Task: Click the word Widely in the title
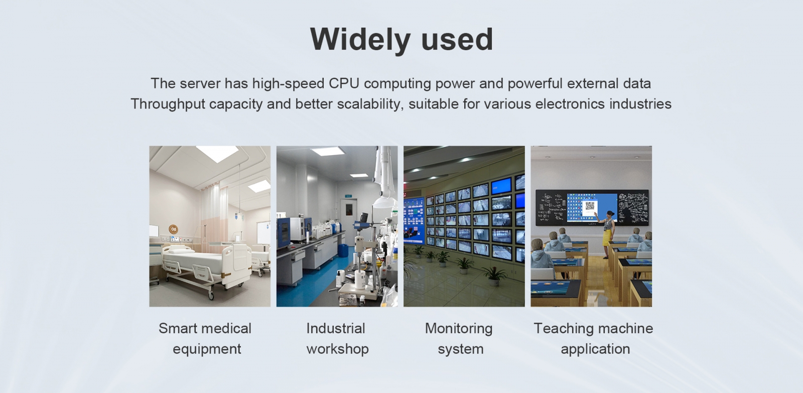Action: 360,40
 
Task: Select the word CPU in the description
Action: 344,83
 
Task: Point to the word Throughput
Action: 168,104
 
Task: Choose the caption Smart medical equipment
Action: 205,338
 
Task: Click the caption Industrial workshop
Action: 337,338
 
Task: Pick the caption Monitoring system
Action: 459,338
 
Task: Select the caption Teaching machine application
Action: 594,338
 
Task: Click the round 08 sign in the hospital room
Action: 174,229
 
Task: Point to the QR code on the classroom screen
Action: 590,206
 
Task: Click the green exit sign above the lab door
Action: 348,195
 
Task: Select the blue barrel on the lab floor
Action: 343,250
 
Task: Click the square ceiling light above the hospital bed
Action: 218,154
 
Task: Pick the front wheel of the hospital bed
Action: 210,296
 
